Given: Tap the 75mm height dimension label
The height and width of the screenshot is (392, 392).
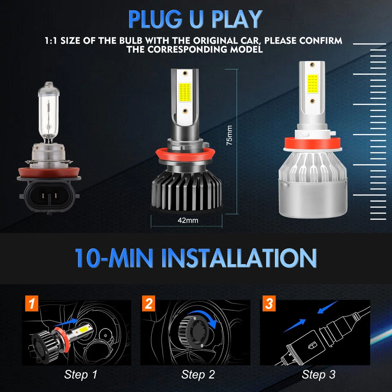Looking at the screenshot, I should (229, 136).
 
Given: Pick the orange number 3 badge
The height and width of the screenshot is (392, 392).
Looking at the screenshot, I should (269, 304).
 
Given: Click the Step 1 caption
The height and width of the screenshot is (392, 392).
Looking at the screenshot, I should (81, 374).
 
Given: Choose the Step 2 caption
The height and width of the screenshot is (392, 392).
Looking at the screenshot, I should (198, 374).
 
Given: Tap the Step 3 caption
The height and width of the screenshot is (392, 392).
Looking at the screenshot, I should (318, 374).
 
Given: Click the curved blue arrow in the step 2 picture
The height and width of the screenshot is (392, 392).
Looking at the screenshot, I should (212, 320).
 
